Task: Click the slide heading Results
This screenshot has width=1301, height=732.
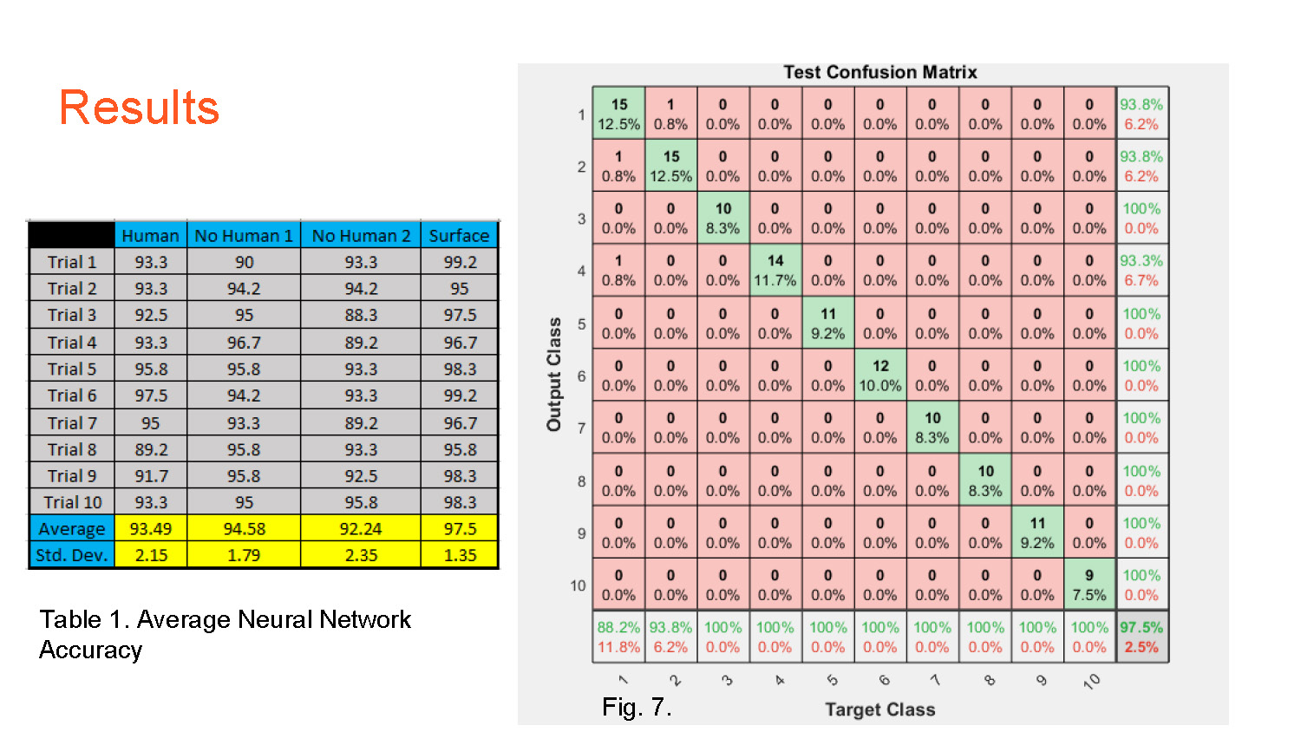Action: (x=139, y=108)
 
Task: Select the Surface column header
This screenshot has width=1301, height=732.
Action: (x=459, y=235)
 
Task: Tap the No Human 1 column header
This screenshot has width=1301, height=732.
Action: (x=244, y=235)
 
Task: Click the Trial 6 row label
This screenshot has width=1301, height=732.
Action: (x=72, y=395)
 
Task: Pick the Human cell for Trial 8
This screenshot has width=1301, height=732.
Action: (x=151, y=449)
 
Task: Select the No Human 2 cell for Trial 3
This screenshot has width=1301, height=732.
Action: (x=361, y=315)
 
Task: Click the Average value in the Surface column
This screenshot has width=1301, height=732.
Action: (x=460, y=528)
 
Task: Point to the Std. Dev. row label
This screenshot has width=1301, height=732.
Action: (x=72, y=555)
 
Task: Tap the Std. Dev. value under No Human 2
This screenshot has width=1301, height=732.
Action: (x=361, y=555)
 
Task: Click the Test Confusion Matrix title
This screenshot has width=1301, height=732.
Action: (x=879, y=72)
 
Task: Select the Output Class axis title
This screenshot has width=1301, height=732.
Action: (x=553, y=374)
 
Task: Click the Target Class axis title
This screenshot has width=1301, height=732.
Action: (x=879, y=709)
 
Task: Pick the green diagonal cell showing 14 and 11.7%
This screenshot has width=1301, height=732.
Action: (x=775, y=270)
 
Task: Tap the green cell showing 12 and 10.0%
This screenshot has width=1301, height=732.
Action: (x=880, y=376)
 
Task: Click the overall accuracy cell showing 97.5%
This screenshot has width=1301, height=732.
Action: (x=1141, y=637)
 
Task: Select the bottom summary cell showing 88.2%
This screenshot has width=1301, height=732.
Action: (x=618, y=637)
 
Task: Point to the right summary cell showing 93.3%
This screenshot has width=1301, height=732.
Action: (x=1141, y=270)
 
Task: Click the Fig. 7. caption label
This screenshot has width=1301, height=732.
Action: (x=637, y=707)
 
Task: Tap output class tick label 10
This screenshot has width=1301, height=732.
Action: (x=578, y=585)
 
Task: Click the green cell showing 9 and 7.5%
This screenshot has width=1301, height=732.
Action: (x=1089, y=585)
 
